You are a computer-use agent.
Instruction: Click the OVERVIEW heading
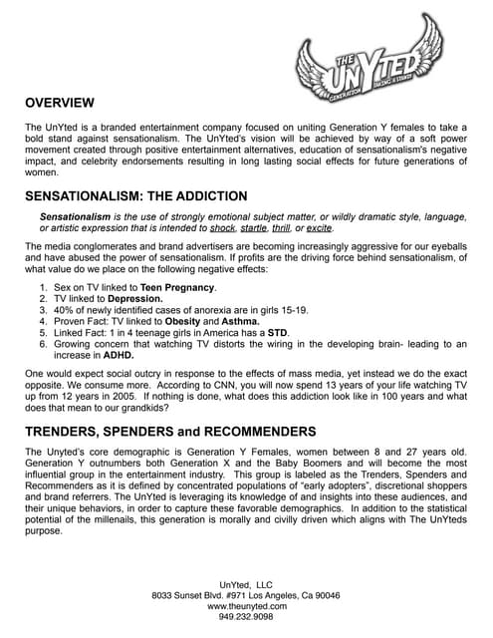click(60, 104)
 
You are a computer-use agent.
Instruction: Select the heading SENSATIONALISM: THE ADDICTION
click(135, 196)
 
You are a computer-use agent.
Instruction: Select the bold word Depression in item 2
click(135, 299)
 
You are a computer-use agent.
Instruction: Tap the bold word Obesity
click(183, 322)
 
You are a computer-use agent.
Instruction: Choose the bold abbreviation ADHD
click(115, 355)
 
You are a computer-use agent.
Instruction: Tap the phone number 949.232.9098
click(246, 617)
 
